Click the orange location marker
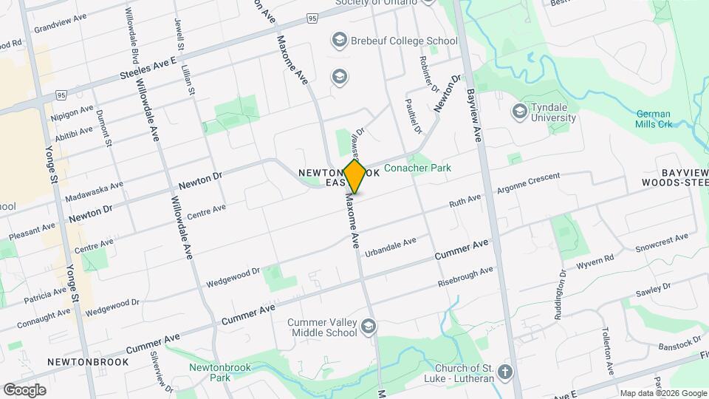click(x=354, y=177)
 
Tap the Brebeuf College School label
click(x=405, y=41)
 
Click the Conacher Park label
click(x=417, y=168)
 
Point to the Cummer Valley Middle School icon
click(x=368, y=327)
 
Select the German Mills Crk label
click(x=653, y=120)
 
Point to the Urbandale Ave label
click(x=390, y=245)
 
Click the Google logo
click(x=24, y=389)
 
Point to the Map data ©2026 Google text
click(x=662, y=393)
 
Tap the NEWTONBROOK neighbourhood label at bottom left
click(x=87, y=362)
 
